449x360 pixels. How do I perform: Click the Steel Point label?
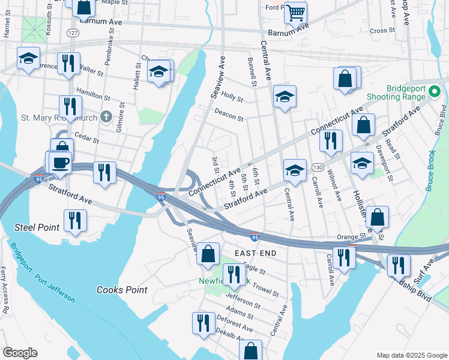[x=37, y=227]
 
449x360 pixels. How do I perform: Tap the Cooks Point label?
[x=122, y=290]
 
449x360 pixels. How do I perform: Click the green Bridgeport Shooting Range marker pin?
[x=436, y=92]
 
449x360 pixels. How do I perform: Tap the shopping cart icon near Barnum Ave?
[x=295, y=11]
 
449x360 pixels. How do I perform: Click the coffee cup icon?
[x=60, y=163]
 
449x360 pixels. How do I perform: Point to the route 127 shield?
[x=72, y=34]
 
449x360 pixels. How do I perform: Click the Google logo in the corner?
[x=20, y=353]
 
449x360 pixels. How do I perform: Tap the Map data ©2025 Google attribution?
[x=411, y=355]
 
